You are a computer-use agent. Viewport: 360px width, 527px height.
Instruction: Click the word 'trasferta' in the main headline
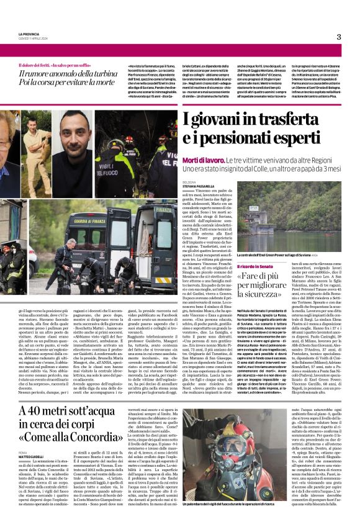pyautogui.click(x=292, y=117)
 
